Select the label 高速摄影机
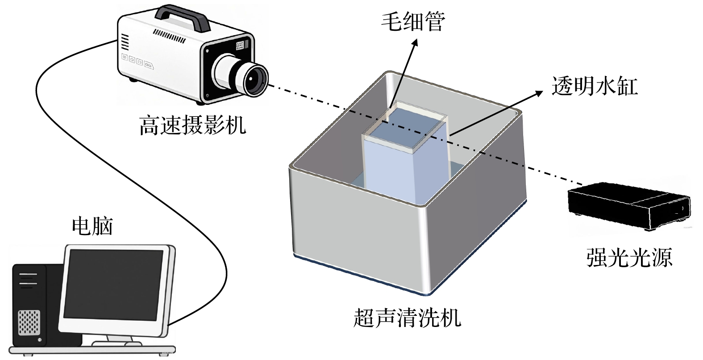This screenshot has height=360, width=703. tap(192, 124)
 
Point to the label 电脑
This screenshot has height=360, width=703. tap(92, 226)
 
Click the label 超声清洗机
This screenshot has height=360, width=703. tap(407, 318)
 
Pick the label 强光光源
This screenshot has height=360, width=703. tap(629, 257)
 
